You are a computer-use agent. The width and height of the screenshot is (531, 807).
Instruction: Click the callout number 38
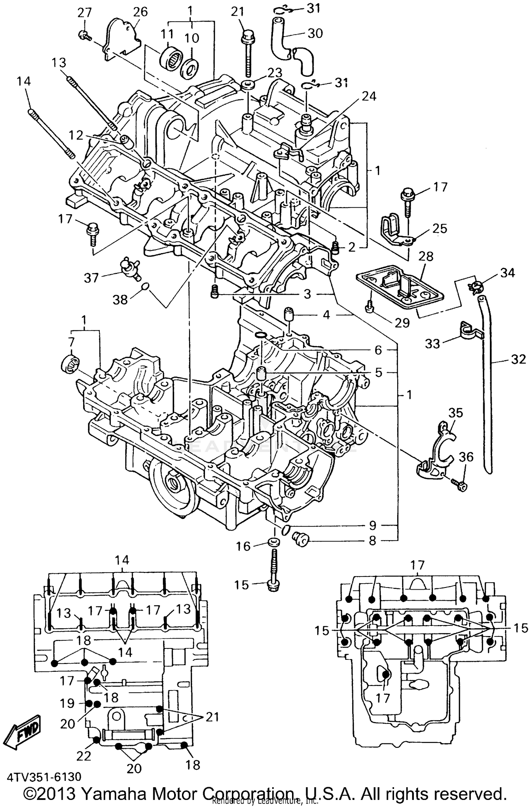coord(120,299)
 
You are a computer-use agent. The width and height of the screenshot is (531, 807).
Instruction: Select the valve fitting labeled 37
coord(130,266)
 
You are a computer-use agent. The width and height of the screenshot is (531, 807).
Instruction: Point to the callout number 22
coord(84,755)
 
